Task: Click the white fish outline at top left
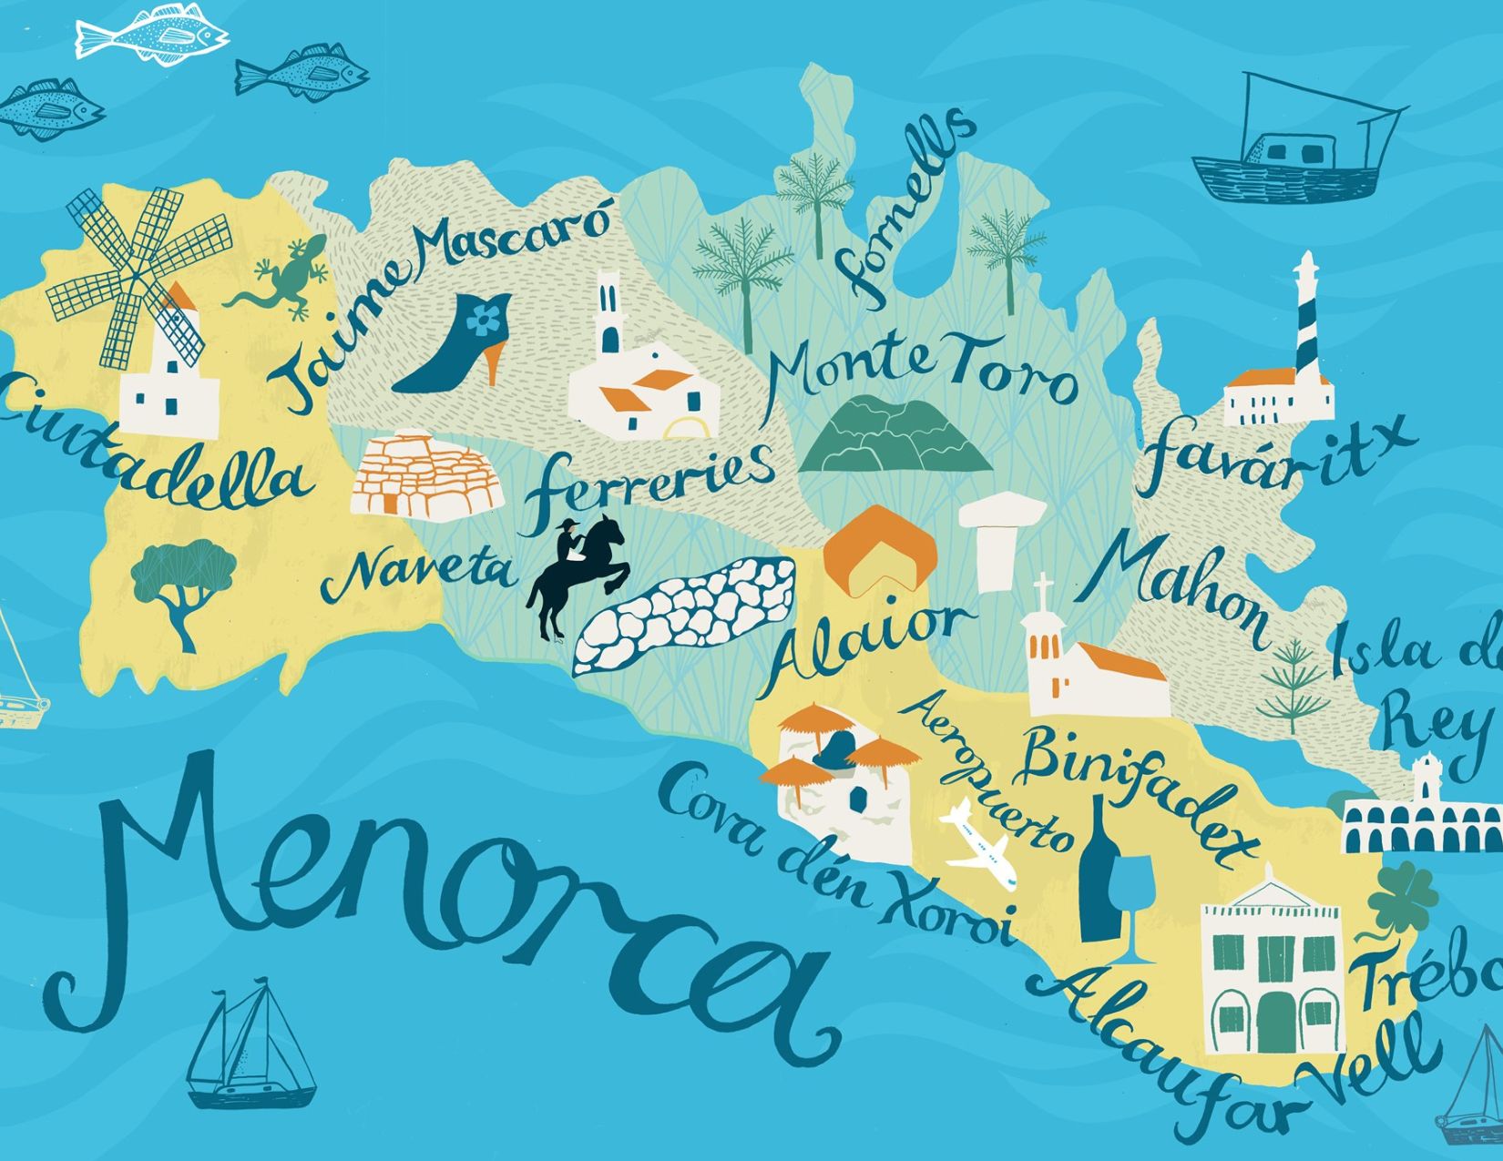coord(151,35)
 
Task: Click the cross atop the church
coord(1043,587)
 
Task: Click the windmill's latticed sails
coord(137,273)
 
